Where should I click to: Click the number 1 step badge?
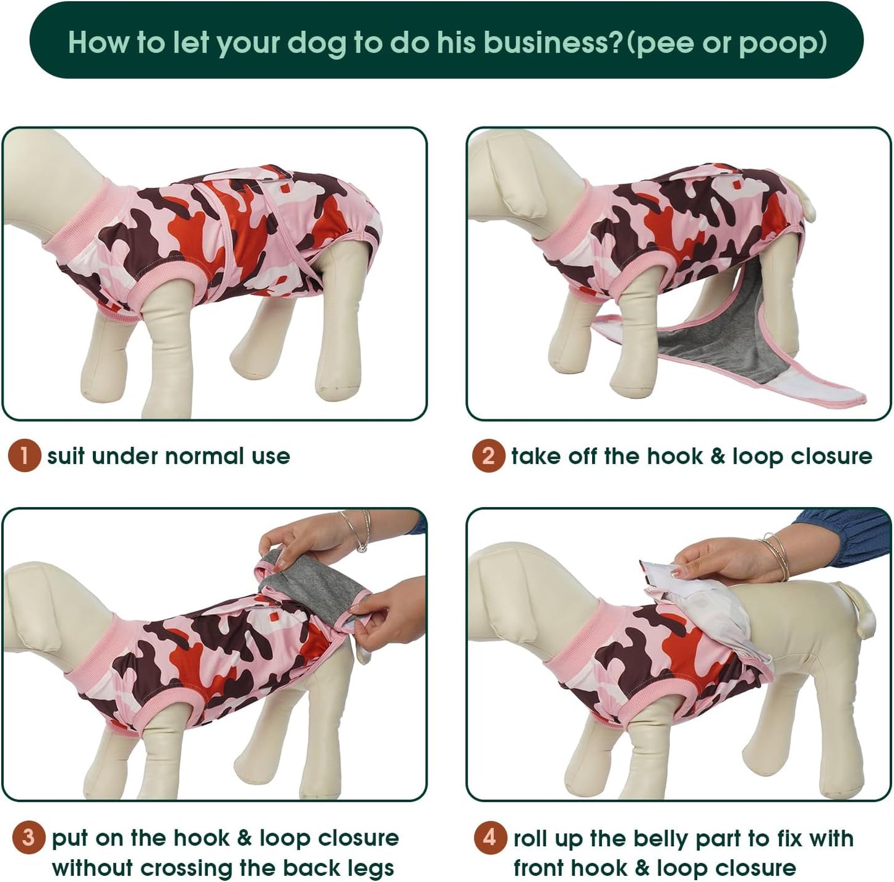(24, 456)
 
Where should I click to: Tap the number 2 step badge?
(488, 456)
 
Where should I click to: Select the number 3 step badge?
(28, 838)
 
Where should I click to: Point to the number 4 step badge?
(490, 838)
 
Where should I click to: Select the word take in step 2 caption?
(533, 456)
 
